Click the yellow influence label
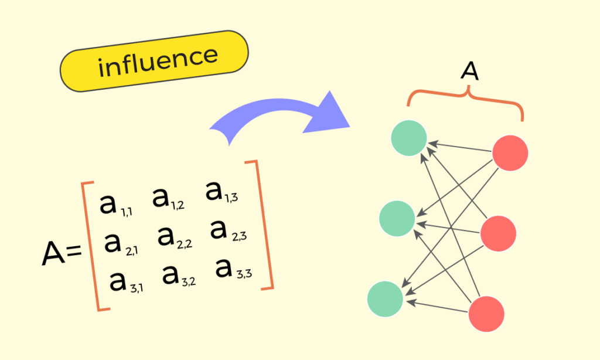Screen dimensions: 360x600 pos(155,61)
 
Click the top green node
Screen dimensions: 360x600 pos(409,138)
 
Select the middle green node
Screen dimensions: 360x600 pos(397,219)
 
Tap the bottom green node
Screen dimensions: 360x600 pos(385,299)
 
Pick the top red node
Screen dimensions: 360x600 pos(510,153)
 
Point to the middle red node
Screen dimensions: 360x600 pos(498,233)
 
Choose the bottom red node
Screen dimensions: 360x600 pos(486,314)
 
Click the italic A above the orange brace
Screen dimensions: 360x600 pos(469,72)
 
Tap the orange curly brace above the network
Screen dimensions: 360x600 pos(465,100)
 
